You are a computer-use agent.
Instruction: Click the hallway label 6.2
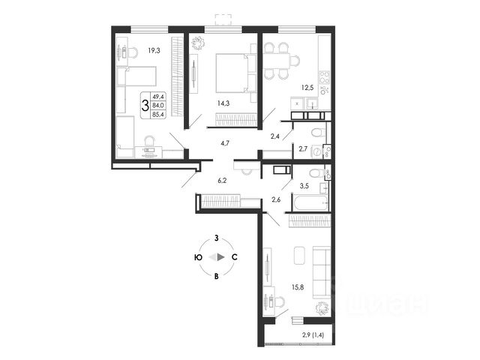coord(223,181)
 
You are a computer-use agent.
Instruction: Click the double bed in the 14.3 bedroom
coord(229,70)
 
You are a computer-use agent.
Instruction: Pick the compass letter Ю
coord(196,257)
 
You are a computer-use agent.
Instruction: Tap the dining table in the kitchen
coord(281,61)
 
